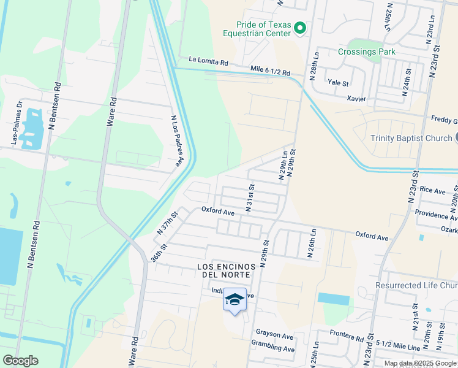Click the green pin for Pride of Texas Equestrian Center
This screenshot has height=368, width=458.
pos(300,28)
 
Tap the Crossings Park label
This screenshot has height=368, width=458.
pos(367,52)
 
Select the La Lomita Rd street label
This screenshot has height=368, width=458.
pos(208,61)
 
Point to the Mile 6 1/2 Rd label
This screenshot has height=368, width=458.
pos(270,71)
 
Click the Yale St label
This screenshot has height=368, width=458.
pos(337,83)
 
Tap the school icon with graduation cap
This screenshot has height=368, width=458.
pos(235,299)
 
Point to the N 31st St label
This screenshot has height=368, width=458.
pos(250,197)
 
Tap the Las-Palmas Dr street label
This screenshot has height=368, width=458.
pos(16,127)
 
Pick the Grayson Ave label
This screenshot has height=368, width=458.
pos(275,335)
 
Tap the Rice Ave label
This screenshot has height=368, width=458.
pos(432,191)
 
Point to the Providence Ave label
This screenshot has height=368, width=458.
pos(435,214)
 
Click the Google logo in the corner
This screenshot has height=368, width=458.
pos(20,361)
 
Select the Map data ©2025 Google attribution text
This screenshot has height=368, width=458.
pos(419,363)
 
